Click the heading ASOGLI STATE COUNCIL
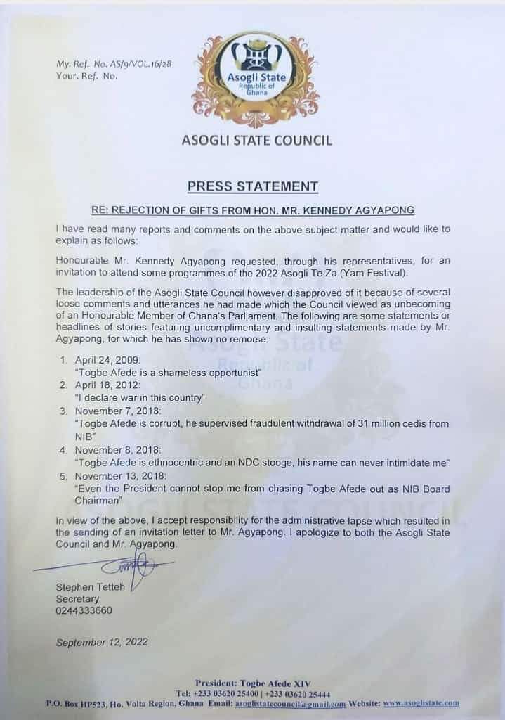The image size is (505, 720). (256, 140)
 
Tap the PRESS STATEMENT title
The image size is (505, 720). (252, 186)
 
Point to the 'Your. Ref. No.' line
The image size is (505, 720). (86, 75)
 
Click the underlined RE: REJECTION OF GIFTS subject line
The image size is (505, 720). (252, 210)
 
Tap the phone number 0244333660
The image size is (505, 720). (83, 610)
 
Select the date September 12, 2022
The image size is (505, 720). (102, 641)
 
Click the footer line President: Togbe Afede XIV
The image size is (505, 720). (254, 683)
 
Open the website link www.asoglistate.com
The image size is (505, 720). (421, 702)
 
